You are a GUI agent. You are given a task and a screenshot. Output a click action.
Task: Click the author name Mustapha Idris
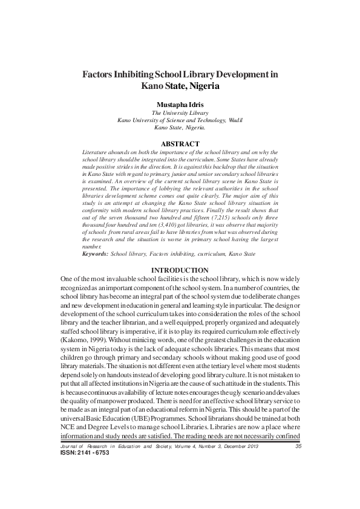[180, 104]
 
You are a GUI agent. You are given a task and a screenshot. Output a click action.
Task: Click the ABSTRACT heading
[180, 143]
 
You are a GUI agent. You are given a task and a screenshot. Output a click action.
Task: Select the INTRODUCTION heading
[180, 270]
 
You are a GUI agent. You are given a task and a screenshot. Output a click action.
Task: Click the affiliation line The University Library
[180, 113]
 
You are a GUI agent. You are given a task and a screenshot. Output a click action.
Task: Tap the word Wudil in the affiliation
[235, 120]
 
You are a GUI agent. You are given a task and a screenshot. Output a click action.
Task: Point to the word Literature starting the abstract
[96, 151]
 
